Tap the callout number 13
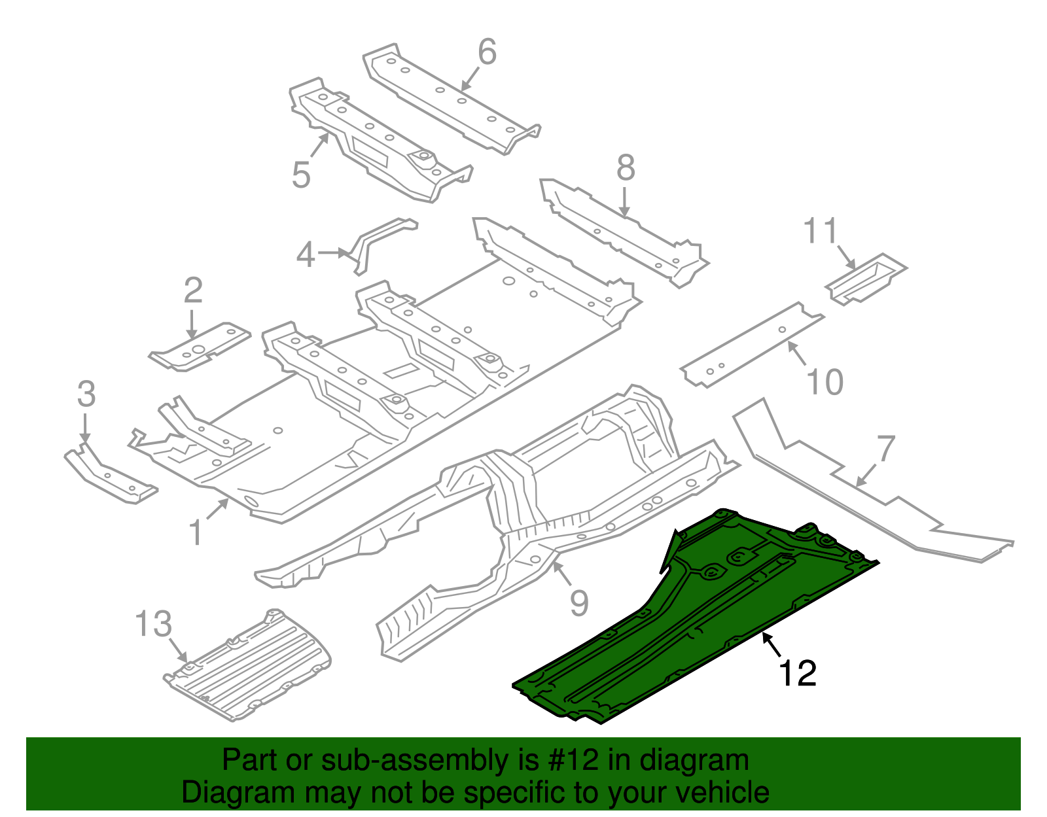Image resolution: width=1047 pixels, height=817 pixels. pos(154,624)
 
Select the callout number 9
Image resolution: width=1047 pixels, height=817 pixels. pos(579,602)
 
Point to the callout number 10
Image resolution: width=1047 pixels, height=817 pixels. pos(825,382)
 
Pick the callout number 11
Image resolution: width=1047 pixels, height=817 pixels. pos(821,232)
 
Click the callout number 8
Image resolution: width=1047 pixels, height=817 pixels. pos(626,168)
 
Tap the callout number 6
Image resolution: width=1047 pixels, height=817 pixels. pos(488,52)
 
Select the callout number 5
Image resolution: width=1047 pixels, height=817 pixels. pos(301,175)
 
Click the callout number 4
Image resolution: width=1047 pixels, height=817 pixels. pos(306,255)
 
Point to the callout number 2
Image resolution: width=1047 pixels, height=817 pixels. pos(192,290)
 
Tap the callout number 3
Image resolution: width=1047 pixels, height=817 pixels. pos(86,394)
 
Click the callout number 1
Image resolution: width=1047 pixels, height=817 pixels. pos(196,533)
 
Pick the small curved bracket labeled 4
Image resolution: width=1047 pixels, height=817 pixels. pos(380,239)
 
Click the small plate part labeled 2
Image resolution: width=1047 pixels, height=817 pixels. pos(200,347)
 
